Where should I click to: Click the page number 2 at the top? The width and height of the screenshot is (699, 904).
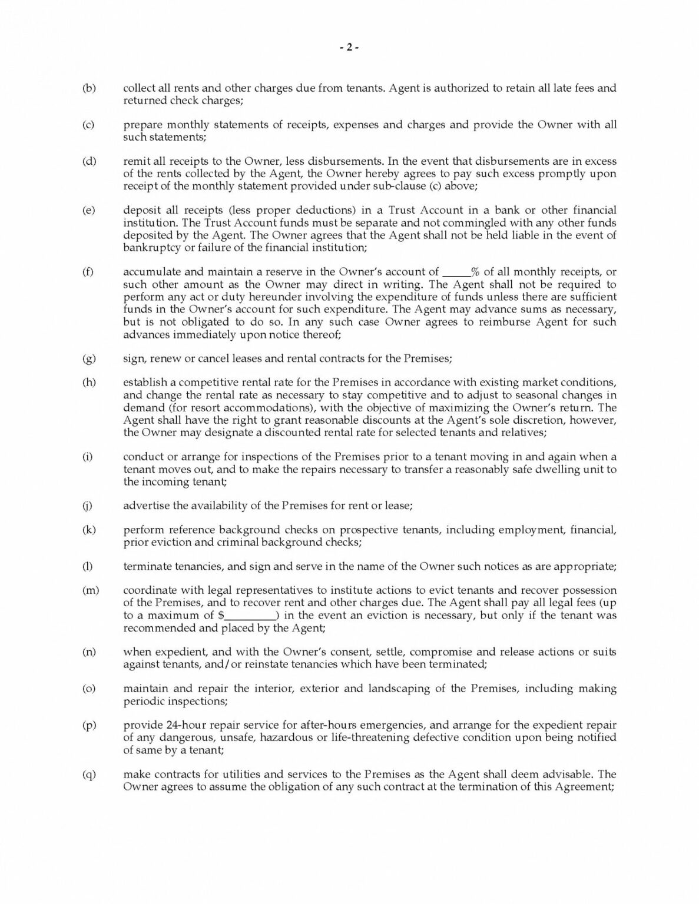pos(349,48)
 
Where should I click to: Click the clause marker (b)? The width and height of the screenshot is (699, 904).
pos(89,88)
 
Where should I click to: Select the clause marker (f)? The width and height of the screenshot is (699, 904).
pos(89,272)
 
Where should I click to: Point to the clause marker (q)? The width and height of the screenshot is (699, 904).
pos(90,775)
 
